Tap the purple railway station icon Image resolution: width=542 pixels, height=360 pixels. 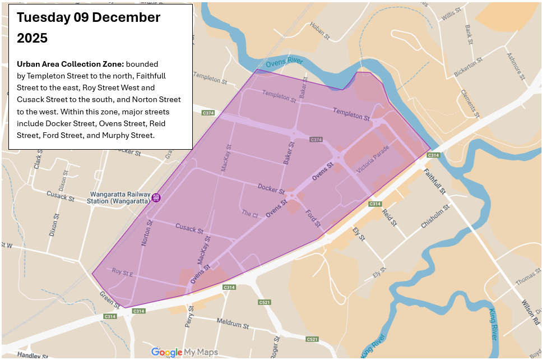click(156, 197)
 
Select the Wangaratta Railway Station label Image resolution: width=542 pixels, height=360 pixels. click(119, 197)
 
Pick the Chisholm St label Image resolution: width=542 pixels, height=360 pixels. click(435, 217)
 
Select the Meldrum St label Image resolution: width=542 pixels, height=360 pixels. click(233, 324)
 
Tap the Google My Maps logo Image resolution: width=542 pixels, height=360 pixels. click(184, 352)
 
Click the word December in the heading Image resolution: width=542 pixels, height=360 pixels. click(126, 17)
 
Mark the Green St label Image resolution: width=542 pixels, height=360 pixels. click(110, 299)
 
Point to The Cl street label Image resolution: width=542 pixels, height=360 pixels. click(249, 214)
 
